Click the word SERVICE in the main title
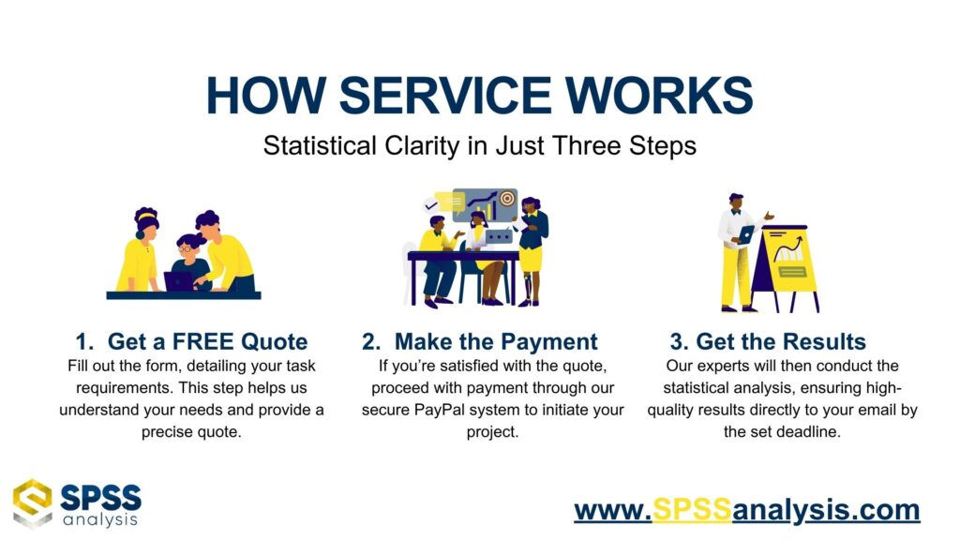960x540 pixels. tap(446, 96)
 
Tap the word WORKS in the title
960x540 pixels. tap(659, 96)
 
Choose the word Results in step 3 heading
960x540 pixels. tap(823, 341)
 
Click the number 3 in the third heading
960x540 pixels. tap(677, 341)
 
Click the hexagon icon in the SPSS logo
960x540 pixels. tap(33, 503)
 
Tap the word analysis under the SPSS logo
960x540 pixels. tap(100, 520)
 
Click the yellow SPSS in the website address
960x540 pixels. tap(692, 509)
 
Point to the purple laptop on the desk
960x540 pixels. tap(179, 281)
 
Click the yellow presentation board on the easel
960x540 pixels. tap(789, 258)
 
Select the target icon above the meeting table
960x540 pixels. tap(507, 199)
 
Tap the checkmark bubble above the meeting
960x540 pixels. tap(431, 205)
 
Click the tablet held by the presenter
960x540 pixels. tap(746, 234)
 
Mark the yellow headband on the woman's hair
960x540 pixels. tap(146, 216)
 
